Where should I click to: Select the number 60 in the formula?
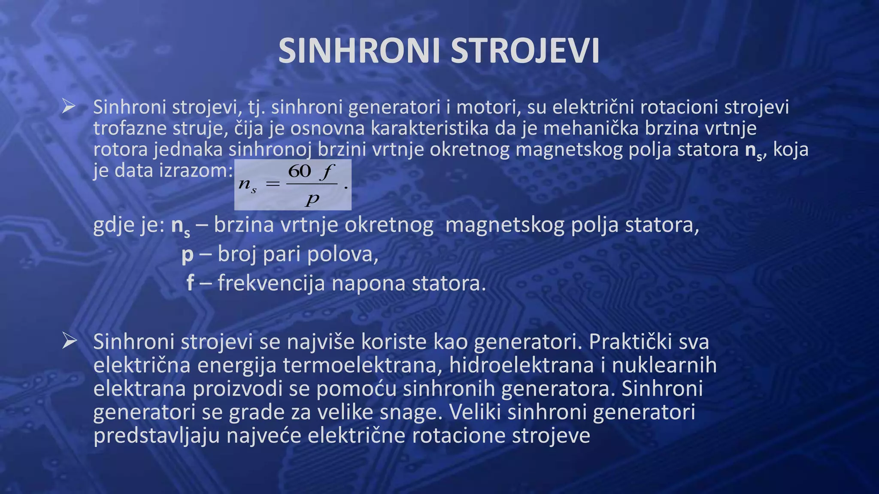click(x=300, y=172)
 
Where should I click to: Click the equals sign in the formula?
click(x=273, y=184)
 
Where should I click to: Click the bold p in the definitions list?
click(x=188, y=255)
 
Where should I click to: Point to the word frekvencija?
click(x=271, y=283)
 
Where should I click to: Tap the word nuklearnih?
click(x=664, y=365)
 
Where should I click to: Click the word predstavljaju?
click(x=157, y=435)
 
